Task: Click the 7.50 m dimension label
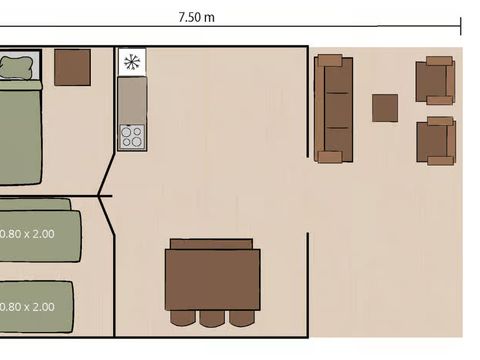tap(195, 17)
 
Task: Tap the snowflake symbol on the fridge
tap(131, 62)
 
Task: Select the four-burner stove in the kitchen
tap(131, 136)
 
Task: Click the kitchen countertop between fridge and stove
tap(131, 99)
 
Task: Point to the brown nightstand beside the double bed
tap(72, 67)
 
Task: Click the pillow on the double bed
tap(17, 68)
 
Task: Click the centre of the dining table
tap(212, 279)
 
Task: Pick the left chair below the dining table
tap(183, 317)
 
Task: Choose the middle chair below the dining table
tap(212, 317)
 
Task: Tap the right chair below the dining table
tap(241, 317)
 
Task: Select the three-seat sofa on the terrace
tap(333, 108)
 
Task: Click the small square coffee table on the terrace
tap(385, 108)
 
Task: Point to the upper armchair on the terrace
tap(435, 80)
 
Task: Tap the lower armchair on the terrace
tap(435, 140)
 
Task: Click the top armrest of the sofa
tap(333, 61)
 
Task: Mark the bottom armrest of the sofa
tap(331, 155)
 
